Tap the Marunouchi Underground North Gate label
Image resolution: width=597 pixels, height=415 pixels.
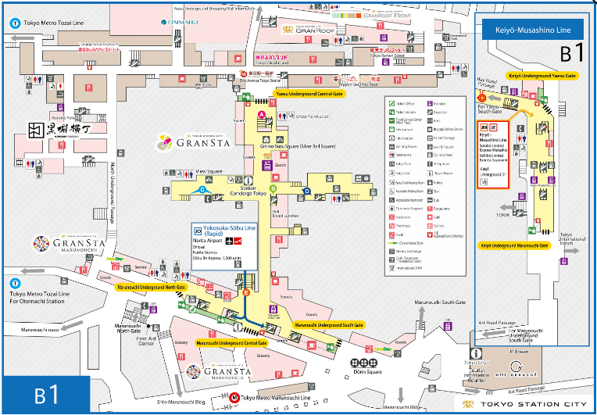(x=152, y=288)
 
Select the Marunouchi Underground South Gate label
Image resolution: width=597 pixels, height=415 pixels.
(x=328, y=324)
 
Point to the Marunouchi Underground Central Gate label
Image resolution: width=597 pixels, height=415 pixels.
(x=231, y=342)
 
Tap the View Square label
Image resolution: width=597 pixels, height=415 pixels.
(x=209, y=170)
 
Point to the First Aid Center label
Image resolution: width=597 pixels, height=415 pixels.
(x=147, y=340)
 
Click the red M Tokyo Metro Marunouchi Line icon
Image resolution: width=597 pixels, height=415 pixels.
(x=235, y=397)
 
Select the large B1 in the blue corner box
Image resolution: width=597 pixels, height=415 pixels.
(x=45, y=395)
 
